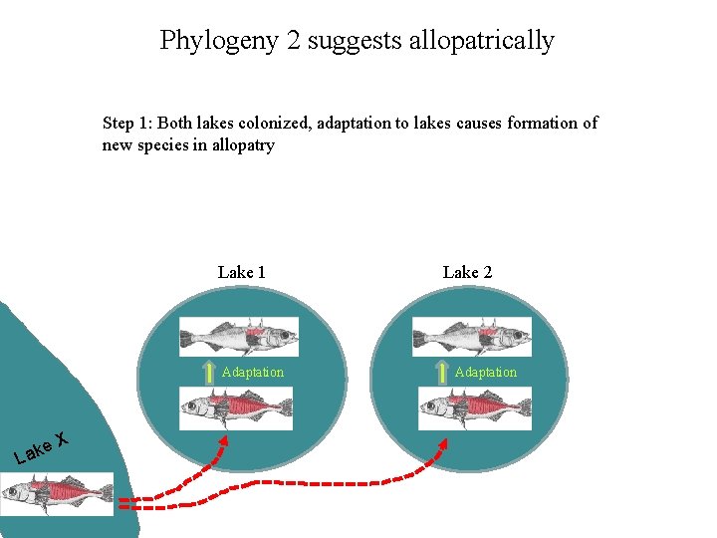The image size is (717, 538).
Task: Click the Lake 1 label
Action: point(241,272)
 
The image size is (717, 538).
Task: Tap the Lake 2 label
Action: point(467,272)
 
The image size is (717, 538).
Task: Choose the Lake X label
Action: point(41,447)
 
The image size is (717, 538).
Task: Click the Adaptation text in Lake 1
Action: point(253,373)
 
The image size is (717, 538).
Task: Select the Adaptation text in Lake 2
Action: point(486,373)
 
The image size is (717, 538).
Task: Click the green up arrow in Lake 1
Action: point(209,373)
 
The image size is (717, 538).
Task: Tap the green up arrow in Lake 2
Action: point(442,373)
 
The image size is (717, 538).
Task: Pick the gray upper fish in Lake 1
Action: point(238,337)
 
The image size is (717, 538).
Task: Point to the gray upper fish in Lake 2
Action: point(471,337)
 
